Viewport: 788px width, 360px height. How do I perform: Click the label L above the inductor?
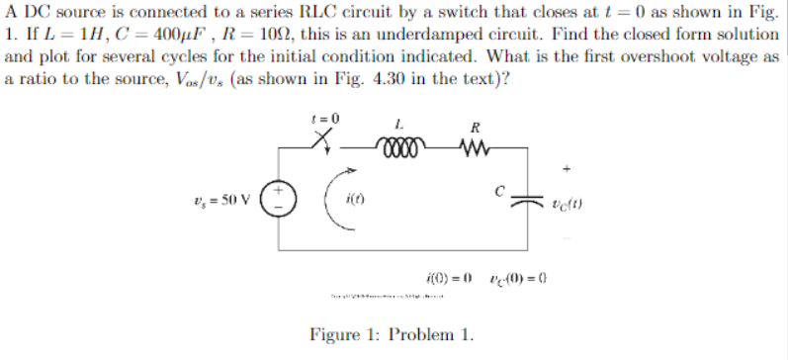[398, 126]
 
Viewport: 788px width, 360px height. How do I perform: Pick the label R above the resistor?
[475, 128]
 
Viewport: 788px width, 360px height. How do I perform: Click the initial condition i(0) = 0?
[444, 274]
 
